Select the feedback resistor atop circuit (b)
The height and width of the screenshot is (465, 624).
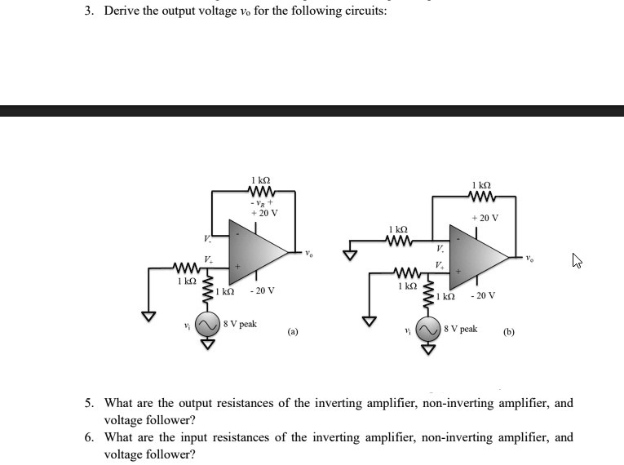[x=481, y=196]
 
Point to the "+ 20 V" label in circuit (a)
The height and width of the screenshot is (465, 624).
[x=263, y=212]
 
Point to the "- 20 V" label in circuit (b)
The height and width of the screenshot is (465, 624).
[x=482, y=296]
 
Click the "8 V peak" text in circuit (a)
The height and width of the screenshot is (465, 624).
[x=240, y=324]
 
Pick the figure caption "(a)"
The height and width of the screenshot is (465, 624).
[x=293, y=332]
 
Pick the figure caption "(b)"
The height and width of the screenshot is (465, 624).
[x=509, y=332]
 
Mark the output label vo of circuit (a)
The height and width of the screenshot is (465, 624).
[x=310, y=252]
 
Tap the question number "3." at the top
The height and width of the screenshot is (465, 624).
[x=90, y=11]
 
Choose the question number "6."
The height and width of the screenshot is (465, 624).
[x=90, y=437]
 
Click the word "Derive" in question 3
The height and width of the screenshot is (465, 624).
[x=121, y=11]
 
